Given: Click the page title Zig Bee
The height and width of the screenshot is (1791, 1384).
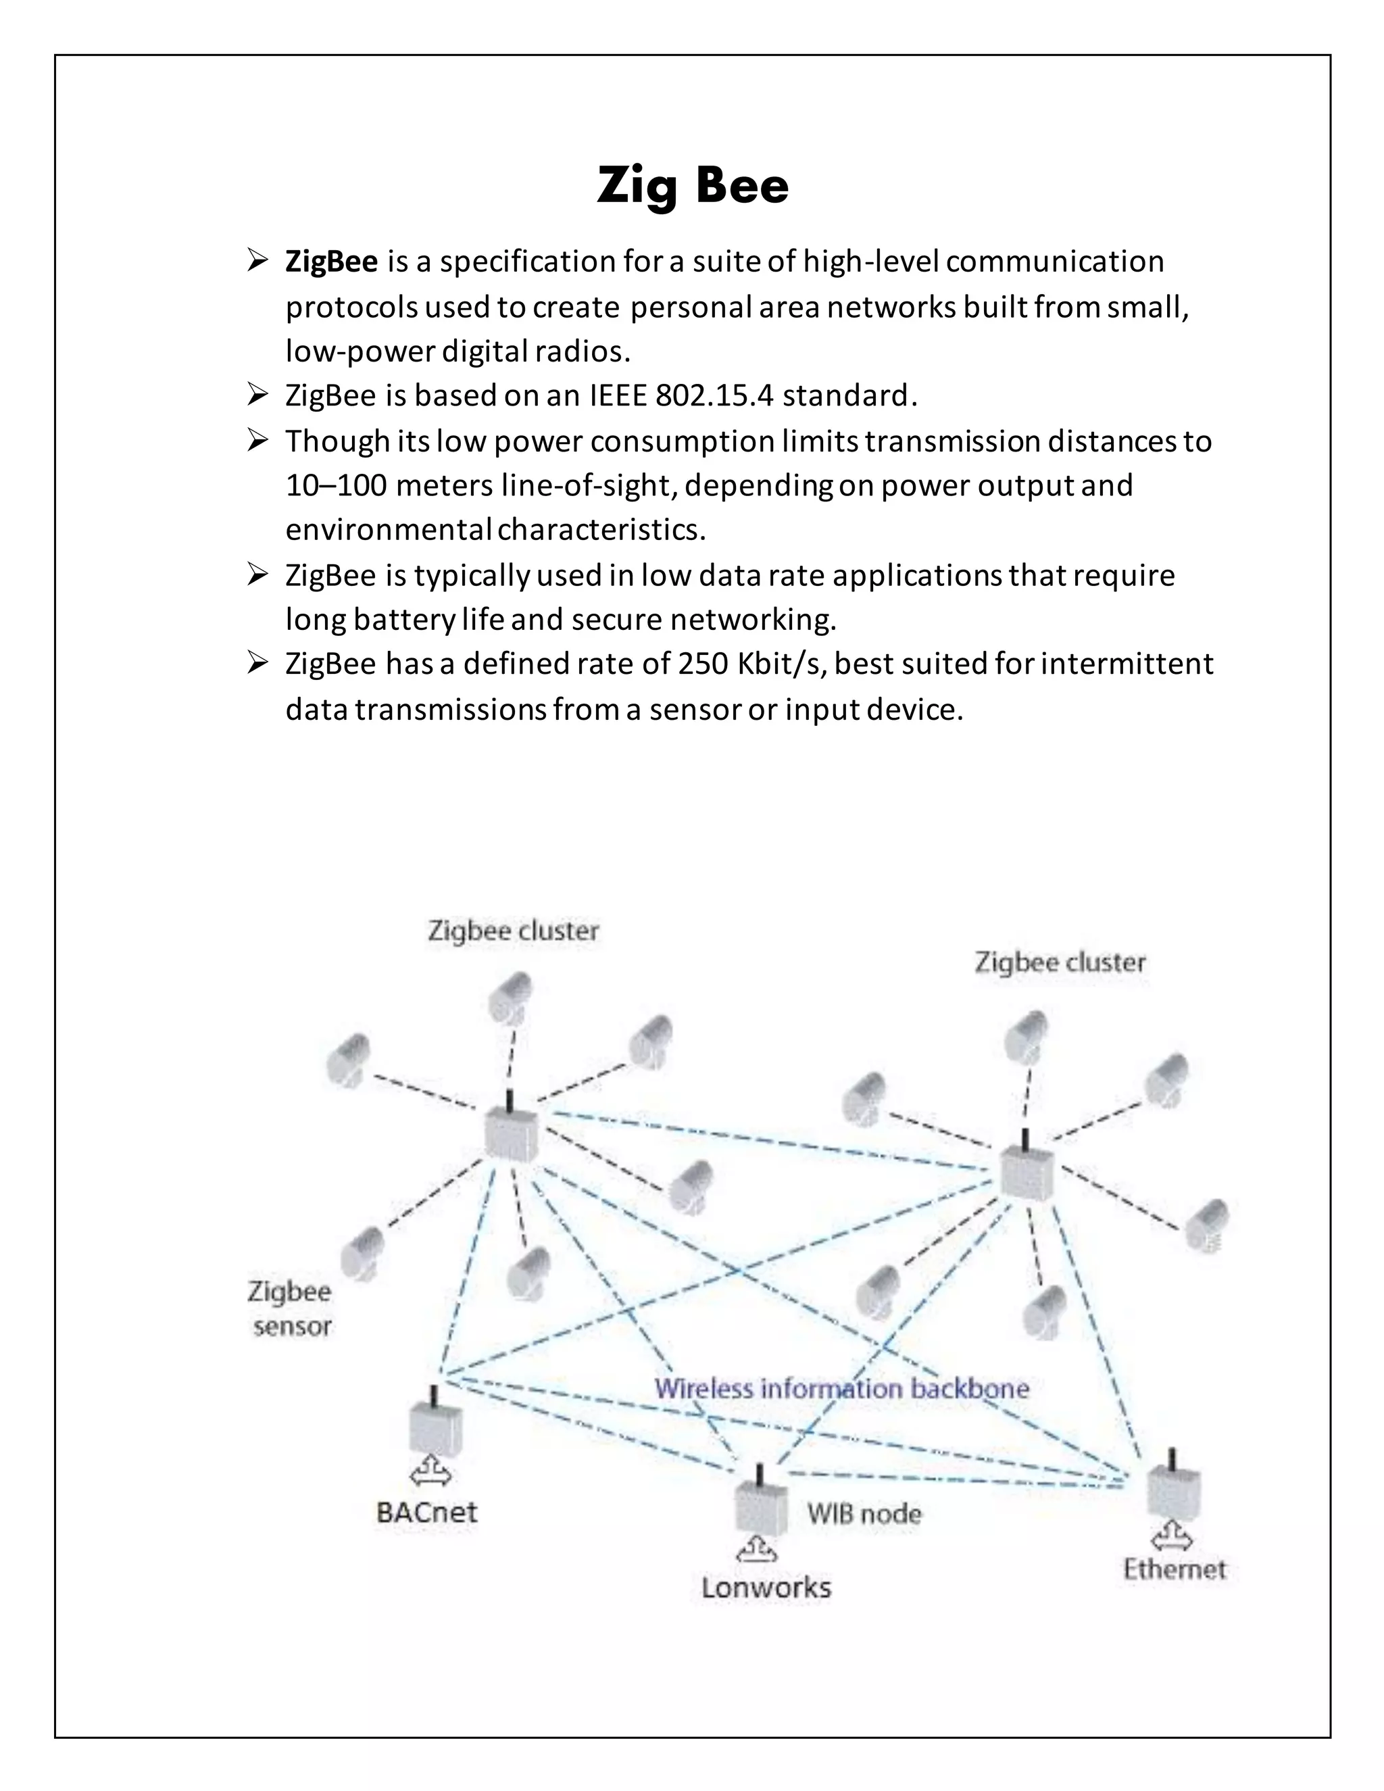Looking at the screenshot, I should (x=692, y=185).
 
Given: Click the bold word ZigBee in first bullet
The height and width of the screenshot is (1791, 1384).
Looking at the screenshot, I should (x=331, y=262).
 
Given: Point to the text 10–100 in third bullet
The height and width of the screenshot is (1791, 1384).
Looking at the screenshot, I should (x=336, y=485).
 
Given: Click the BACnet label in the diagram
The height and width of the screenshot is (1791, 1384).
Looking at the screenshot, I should (x=426, y=1512).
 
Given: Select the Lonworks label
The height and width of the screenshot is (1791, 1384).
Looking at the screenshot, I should (x=766, y=1588).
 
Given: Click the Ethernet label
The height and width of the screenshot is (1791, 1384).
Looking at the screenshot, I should (x=1174, y=1569).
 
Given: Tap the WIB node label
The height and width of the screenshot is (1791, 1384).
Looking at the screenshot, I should (x=864, y=1513).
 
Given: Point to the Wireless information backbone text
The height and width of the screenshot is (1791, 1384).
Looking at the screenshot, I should (x=841, y=1388).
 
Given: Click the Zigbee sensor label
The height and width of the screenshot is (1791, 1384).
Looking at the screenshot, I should (x=290, y=1309).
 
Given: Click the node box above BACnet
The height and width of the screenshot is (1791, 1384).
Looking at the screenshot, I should (x=435, y=1427).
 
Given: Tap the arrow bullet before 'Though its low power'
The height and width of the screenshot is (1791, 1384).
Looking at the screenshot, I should (x=257, y=441).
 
